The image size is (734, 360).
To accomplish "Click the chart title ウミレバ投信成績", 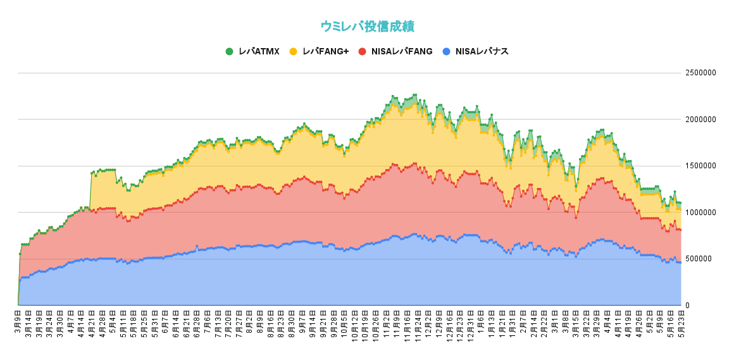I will coord(367,26).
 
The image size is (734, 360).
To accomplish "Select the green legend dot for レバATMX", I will coord(229,51).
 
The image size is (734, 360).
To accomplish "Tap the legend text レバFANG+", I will coord(326,51).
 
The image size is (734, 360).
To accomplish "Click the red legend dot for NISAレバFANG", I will coord(362,51).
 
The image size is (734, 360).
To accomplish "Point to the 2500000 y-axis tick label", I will coord(700,73).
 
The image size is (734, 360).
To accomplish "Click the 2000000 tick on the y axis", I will coord(700,119).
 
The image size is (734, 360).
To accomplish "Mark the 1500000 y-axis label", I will coord(700,166).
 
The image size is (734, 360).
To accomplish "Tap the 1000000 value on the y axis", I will coord(700,212).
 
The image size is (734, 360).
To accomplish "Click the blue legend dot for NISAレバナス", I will coord(447,51).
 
